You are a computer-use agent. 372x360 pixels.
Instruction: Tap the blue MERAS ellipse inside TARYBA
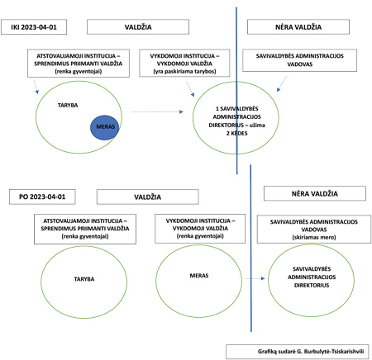[x=105, y=127]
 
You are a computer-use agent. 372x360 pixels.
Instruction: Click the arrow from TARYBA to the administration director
[x=157, y=111]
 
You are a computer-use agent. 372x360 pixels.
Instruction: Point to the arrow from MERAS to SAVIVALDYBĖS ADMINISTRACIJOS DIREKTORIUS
[x=255, y=278]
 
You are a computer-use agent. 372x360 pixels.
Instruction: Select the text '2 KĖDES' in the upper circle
[x=237, y=133]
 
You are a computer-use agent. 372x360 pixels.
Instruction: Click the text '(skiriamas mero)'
[x=314, y=237]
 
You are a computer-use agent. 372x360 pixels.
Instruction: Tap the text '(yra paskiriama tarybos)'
[x=184, y=71]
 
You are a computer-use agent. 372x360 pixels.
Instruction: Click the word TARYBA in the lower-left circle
[x=84, y=279]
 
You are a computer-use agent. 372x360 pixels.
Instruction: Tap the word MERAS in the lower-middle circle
[x=199, y=276]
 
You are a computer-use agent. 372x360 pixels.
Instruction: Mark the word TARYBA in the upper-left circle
[x=68, y=105]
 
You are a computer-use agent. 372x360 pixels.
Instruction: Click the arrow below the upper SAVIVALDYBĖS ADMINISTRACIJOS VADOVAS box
[x=282, y=83]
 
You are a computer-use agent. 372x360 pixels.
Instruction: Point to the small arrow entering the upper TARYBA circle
[x=36, y=87]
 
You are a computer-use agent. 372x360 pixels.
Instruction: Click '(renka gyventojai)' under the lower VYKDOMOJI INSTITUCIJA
[x=200, y=236]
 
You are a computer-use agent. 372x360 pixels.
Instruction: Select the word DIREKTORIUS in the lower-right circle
[x=312, y=285]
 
